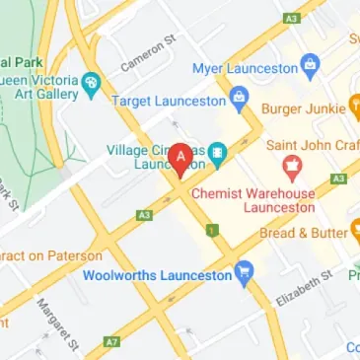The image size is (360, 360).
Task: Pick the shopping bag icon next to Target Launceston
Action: tap(239, 98)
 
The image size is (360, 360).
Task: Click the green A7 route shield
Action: tap(113, 340)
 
